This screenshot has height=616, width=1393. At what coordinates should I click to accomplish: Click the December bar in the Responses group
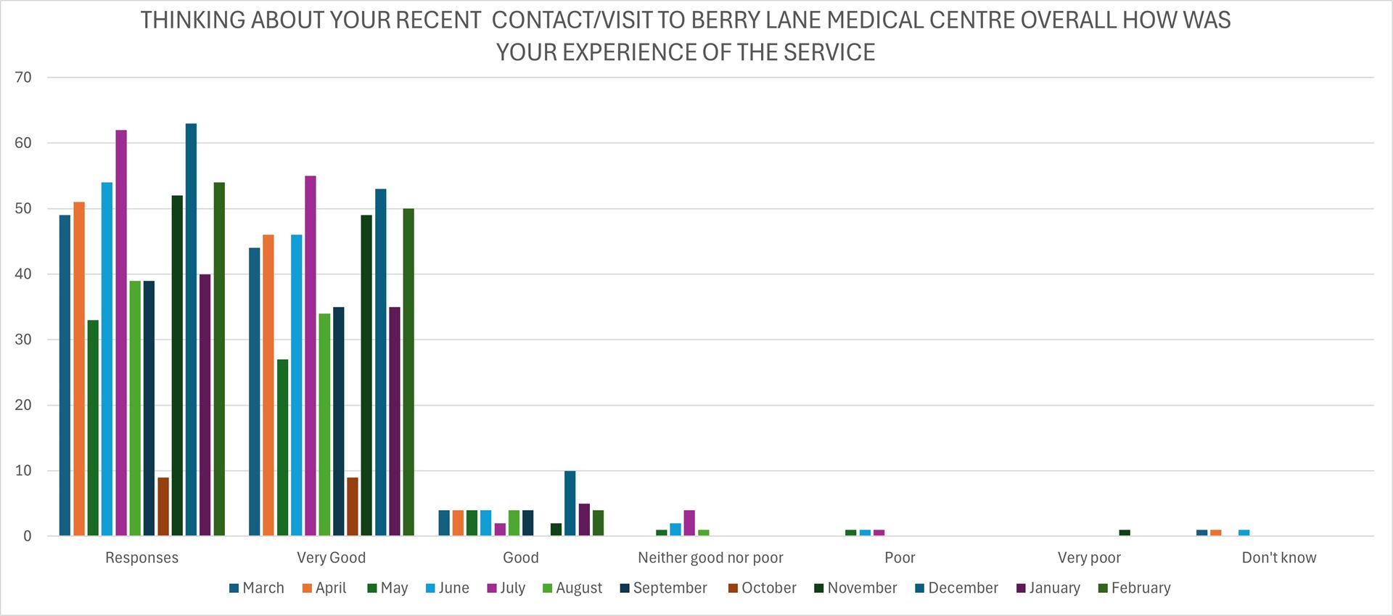191,330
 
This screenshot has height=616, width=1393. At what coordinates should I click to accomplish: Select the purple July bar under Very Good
311,356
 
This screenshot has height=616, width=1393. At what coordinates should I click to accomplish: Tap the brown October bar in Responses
163,506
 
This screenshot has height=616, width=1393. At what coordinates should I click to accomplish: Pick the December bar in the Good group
570,504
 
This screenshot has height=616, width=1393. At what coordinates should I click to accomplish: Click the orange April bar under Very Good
268,385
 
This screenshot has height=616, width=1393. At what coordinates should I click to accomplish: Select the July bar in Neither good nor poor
689,523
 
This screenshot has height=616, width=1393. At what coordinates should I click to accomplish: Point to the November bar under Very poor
1125,533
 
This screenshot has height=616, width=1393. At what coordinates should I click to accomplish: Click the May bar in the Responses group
93,428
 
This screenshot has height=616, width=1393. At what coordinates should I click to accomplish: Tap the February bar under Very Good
408,372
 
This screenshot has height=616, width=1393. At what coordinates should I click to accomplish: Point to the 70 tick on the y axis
23,78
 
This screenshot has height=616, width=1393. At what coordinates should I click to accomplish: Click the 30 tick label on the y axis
23,340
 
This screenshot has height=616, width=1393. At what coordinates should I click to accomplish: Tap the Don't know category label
1278,558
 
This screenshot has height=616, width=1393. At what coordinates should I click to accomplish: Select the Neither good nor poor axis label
710,558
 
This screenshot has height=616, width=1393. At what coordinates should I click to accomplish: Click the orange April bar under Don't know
1216,533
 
